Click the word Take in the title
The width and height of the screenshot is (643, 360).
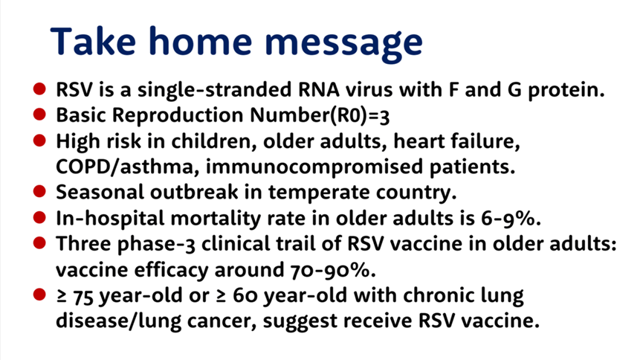(93, 41)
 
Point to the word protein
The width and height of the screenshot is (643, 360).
(566, 90)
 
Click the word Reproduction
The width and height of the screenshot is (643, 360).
(178, 116)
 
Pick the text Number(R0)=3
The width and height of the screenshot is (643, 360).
(320, 116)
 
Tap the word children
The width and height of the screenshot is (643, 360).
(214, 141)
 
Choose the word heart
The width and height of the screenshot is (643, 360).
(419, 141)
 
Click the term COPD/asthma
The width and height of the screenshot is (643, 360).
(128, 167)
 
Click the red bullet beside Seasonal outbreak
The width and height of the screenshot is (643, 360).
(40, 191)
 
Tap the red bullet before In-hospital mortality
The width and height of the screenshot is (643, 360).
(40, 217)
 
